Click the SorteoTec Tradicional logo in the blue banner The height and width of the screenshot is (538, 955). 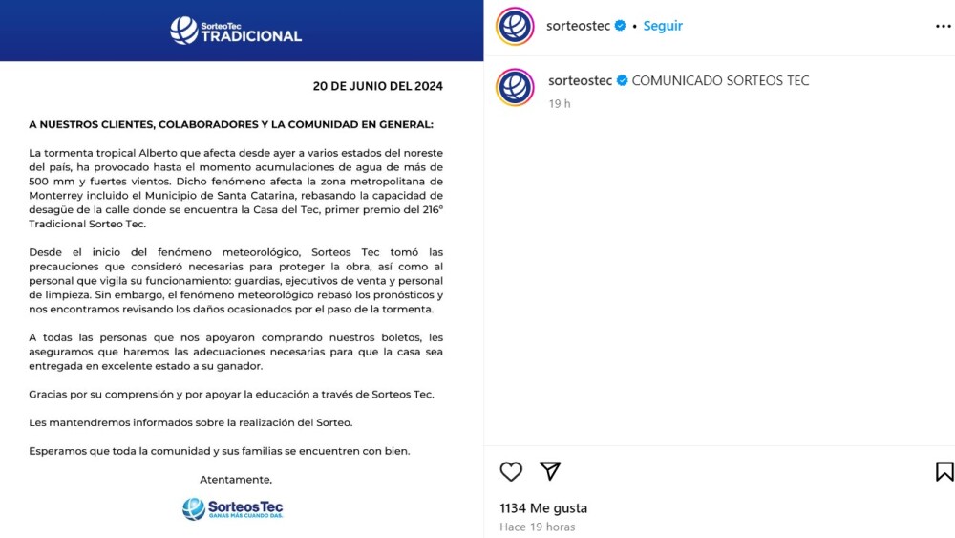pyautogui.click(x=236, y=31)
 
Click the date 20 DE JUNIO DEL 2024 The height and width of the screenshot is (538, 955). pyautogui.click(x=377, y=86)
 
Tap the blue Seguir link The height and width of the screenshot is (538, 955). pyautogui.click(x=663, y=26)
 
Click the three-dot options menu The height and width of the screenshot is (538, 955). pyautogui.click(x=944, y=27)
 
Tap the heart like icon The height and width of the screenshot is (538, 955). pyautogui.click(x=512, y=471)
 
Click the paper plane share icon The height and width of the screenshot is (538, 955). pyautogui.click(x=550, y=471)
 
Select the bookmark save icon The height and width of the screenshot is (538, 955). pyautogui.click(x=944, y=471)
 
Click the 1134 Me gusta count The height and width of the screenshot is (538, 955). pyautogui.click(x=543, y=508)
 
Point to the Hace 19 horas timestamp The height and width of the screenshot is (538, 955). pyautogui.click(x=537, y=527)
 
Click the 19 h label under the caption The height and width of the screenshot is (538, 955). pyautogui.click(x=560, y=103)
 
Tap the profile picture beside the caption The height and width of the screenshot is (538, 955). pyautogui.click(x=515, y=87)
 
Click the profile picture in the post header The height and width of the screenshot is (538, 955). pyautogui.click(x=515, y=27)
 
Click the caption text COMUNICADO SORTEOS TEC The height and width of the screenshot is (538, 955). pyautogui.click(x=720, y=80)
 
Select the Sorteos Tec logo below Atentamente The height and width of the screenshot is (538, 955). pyautogui.click(x=233, y=508)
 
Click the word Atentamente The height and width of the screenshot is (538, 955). pyautogui.click(x=236, y=479)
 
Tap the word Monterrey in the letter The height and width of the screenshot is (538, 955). pyautogui.click(x=57, y=196)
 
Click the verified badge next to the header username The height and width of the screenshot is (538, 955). pyautogui.click(x=621, y=26)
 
